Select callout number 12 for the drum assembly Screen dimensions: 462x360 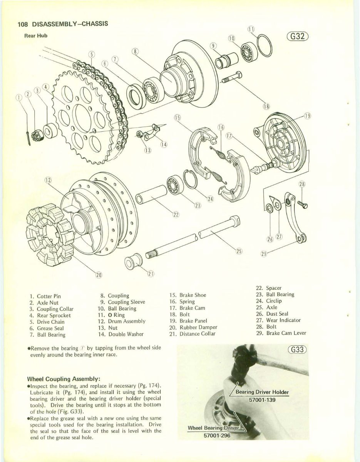[x=49, y=180]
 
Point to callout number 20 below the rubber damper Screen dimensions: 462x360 [x=99, y=275]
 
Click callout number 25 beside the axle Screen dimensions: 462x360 [x=239, y=251]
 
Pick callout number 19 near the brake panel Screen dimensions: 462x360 [x=307, y=115]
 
